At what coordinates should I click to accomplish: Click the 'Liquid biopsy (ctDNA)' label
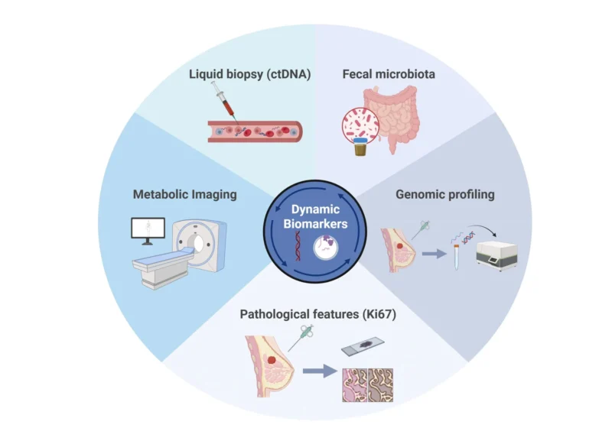238,74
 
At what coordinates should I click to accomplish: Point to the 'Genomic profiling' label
444,194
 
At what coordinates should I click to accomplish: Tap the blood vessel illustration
257,131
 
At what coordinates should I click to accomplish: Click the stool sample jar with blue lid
362,147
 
